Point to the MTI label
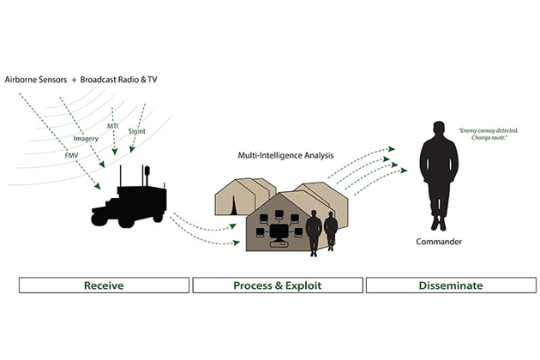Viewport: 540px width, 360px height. tap(112, 126)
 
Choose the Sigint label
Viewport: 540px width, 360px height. tap(137, 133)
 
